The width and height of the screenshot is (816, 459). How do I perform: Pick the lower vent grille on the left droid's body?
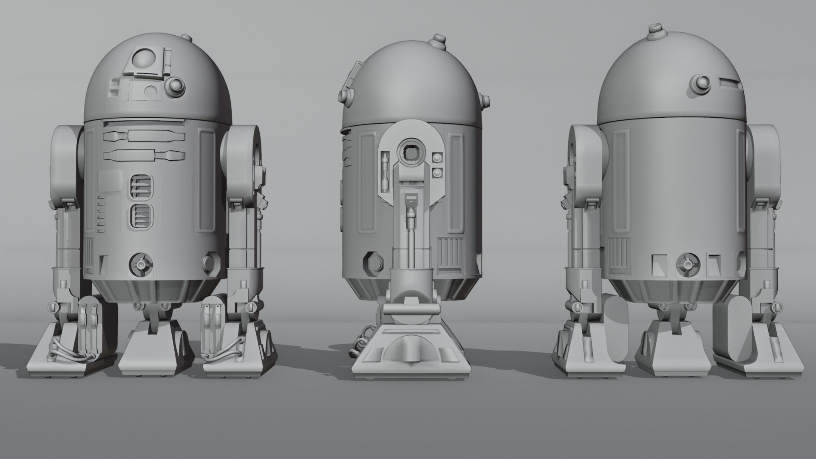tap(141, 215)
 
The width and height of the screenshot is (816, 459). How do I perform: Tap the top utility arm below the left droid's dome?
tap(144, 136)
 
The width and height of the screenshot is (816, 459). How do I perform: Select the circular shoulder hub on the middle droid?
tap(412, 152)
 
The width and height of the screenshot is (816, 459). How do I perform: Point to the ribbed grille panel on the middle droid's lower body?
tap(450, 253)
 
